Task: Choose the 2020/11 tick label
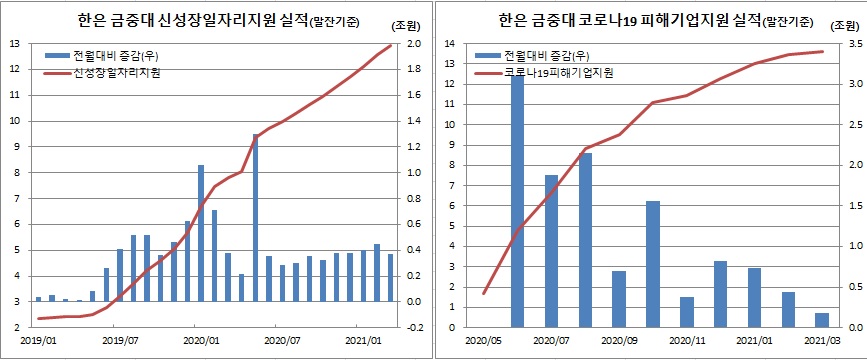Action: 687,340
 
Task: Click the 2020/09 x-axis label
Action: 619,340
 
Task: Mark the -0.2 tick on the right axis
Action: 411,327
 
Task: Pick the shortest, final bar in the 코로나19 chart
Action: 822,320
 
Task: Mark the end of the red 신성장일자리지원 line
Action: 390,45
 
